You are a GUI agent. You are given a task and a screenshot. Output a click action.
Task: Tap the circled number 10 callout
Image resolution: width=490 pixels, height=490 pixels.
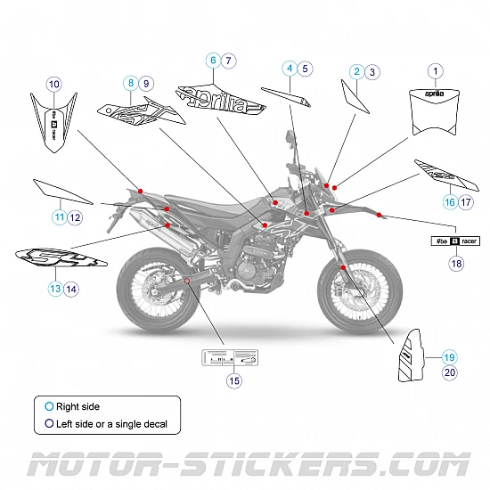(53, 85)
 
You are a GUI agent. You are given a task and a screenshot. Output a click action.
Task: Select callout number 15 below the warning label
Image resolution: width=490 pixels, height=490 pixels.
(234, 380)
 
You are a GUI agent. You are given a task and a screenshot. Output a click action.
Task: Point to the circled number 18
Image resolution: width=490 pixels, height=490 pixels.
(456, 264)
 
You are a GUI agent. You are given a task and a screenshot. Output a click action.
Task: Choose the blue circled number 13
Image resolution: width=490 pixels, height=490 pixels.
(55, 288)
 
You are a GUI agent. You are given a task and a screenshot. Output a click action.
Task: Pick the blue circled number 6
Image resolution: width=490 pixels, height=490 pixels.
(213, 61)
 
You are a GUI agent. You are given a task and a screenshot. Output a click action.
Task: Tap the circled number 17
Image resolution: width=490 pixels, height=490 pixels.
(466, 202)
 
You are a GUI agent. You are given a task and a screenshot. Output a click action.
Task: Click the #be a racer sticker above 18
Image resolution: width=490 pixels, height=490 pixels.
(455, 241)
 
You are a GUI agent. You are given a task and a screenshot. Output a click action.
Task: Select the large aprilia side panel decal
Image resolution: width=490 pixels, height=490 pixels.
(223, 98)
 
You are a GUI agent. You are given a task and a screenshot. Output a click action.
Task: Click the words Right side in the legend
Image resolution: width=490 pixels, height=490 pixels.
(78, 407)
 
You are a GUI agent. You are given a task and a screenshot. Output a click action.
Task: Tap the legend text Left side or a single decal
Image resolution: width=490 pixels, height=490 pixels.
(111, 424)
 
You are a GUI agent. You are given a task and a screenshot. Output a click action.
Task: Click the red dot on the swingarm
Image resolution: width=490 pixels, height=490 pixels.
(186, 281)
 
